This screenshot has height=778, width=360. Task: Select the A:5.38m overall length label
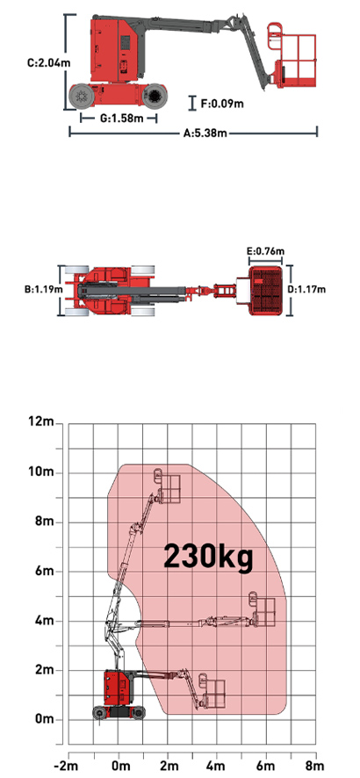(205, 133)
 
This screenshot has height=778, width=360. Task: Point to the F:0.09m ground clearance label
(222, 104)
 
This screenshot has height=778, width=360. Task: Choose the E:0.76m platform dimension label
(266, 251)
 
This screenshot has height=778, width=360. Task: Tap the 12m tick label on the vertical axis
(40, 422)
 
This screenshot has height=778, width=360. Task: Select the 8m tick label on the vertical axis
(44, 521)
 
